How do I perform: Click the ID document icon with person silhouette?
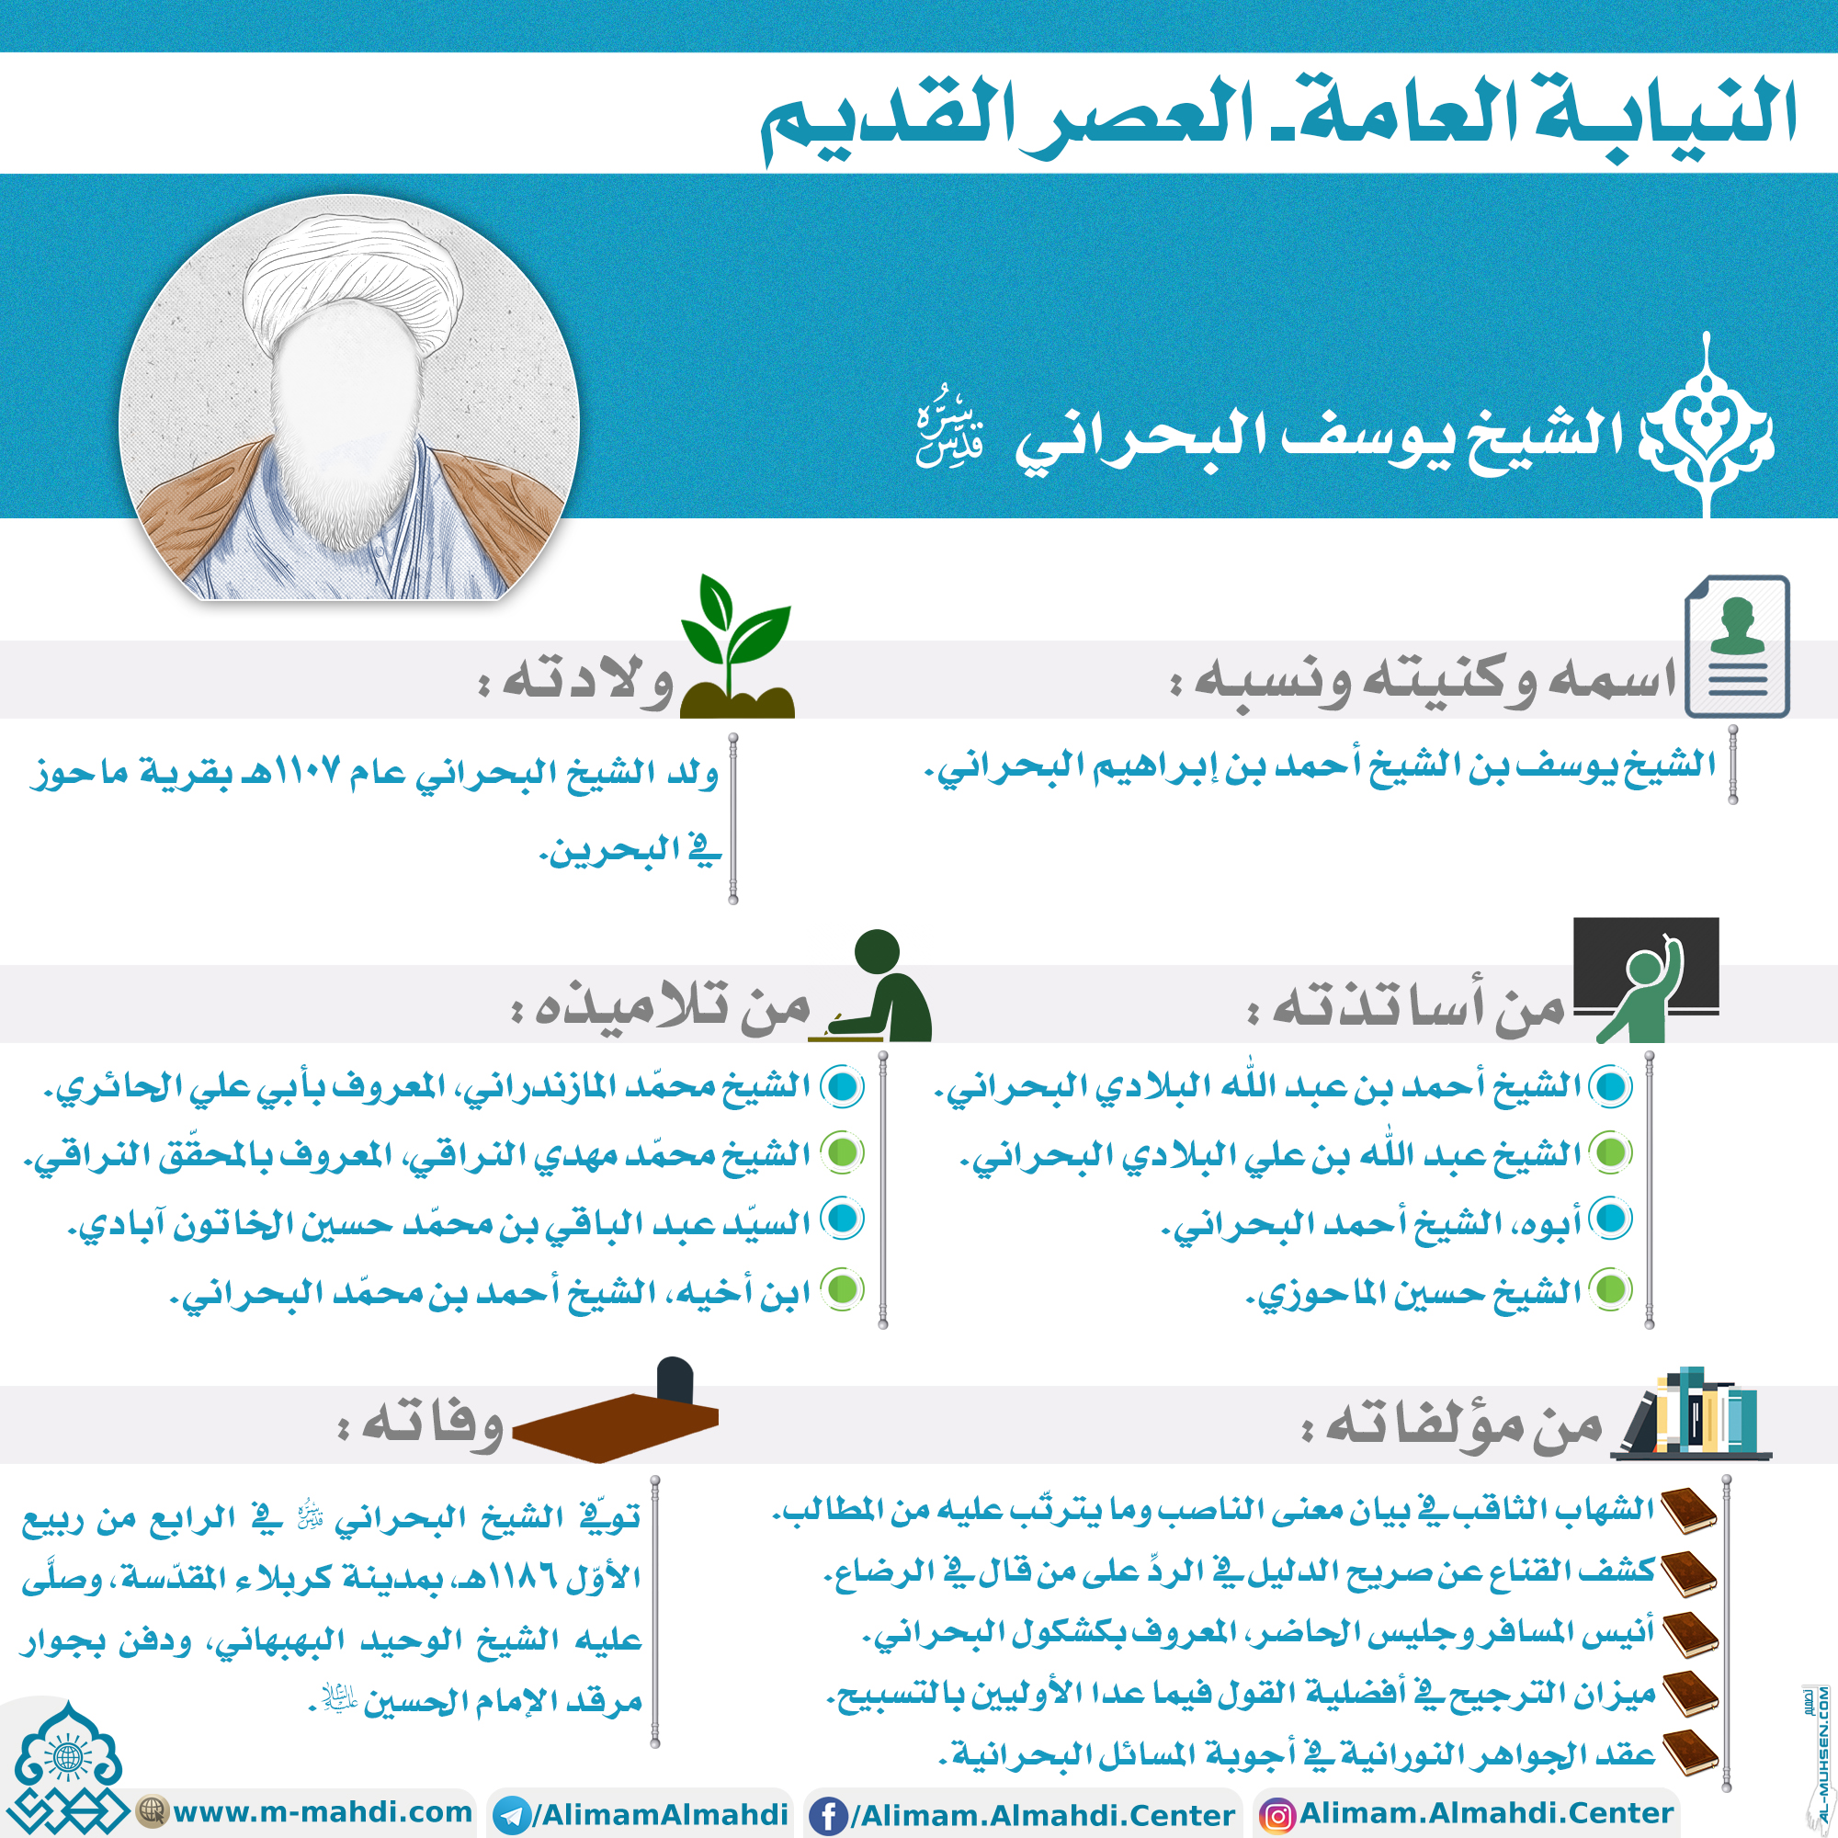[x=1737, y=646]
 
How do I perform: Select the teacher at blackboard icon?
[x=1646, y=980]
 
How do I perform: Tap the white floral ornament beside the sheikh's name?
[x=1708, y=428]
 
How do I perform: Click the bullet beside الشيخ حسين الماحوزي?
[x=1612, y=1290]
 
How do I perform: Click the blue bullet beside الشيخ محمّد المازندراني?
[x=843, y=1086]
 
